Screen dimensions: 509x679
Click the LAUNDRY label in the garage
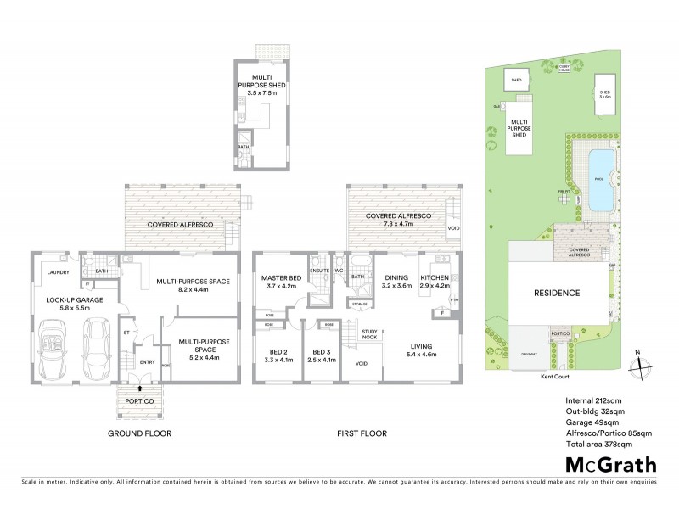point(58,273)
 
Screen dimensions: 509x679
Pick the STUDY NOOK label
point(369,333)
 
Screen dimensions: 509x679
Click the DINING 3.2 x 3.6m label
point(397,282)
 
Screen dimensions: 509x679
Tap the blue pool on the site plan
point(599,180)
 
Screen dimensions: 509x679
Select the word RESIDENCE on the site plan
point(557,293)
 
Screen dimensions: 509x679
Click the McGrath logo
point(611,464)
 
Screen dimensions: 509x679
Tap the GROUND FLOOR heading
point(139,433)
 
